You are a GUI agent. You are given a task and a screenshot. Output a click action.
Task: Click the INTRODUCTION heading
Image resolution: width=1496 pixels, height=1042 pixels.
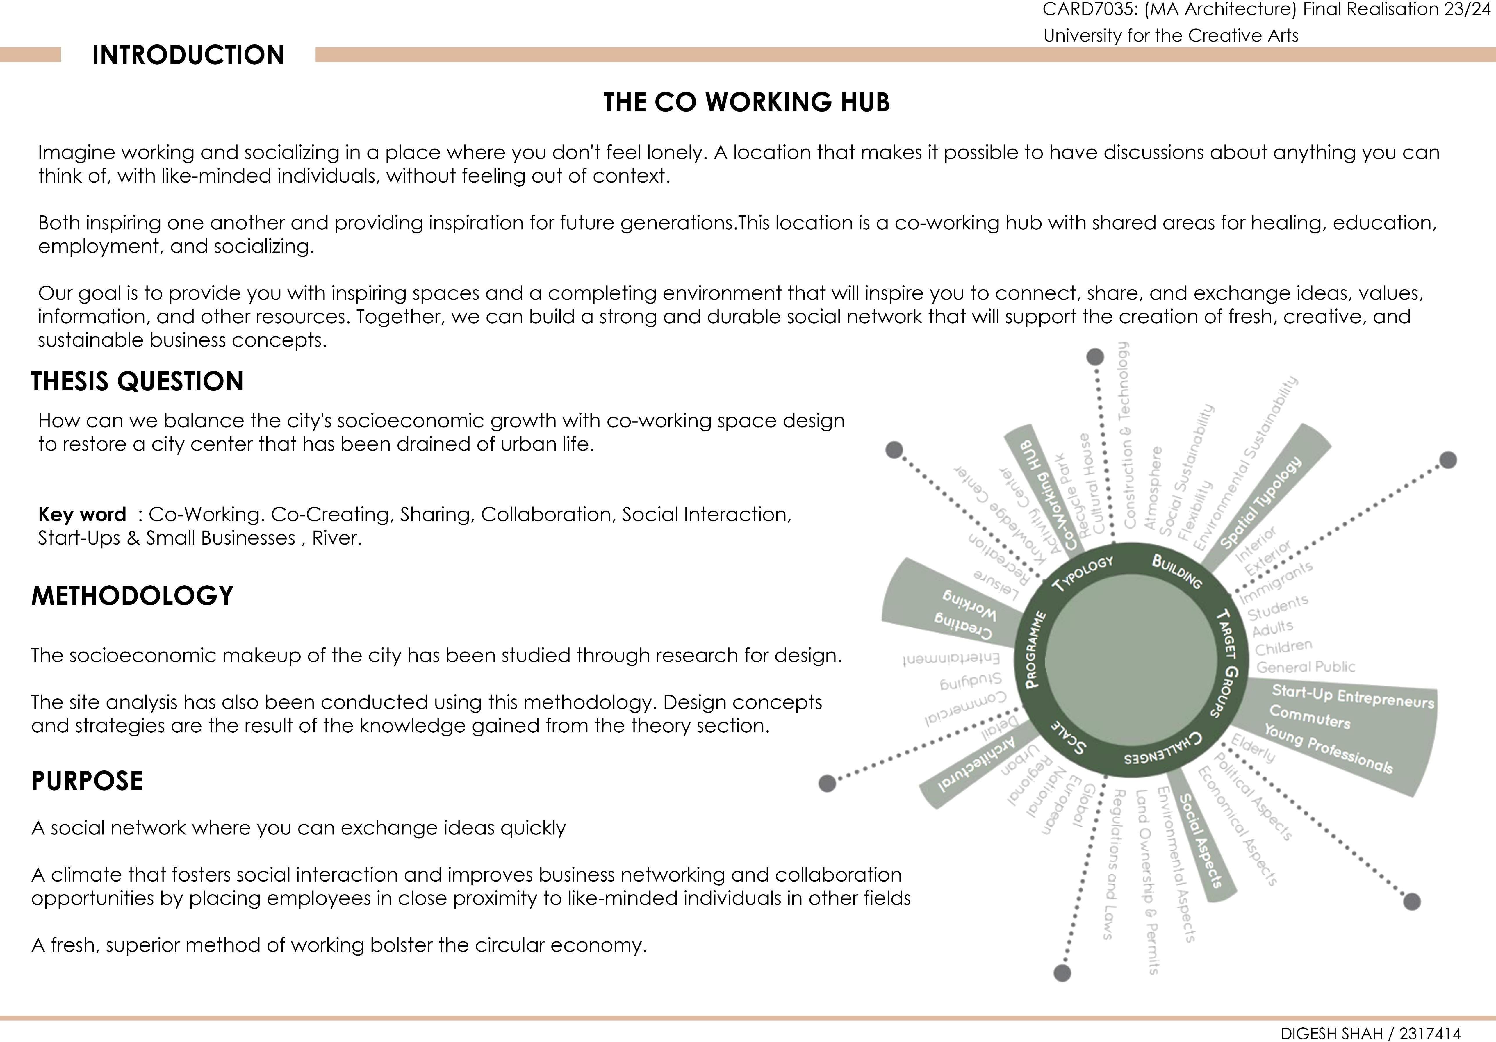click(188, 55)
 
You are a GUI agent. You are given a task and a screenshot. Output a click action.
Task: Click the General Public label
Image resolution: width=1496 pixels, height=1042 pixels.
click(1305, 667)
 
